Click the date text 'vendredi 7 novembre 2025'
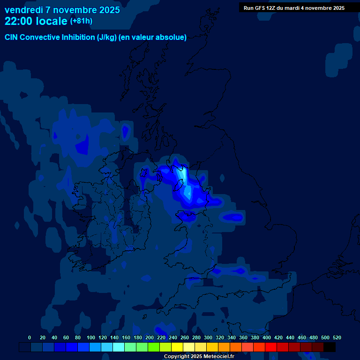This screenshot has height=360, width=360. pos(62,10)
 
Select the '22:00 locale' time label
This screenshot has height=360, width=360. pos(36,21)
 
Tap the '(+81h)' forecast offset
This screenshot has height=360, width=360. pos(81,21)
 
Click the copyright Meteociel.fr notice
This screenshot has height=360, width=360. pos(199,357)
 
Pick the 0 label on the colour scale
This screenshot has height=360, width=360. pos(30,337)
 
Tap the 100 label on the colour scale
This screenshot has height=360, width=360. pos(91,337)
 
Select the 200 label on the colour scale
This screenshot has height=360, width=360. pos(150,337)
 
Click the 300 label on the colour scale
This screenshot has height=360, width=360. pos(208,337)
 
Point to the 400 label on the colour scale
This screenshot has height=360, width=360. pos(267,337)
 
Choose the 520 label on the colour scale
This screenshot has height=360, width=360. pos(337,337)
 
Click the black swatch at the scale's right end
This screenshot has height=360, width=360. pos(330,347)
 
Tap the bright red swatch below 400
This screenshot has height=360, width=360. pos(271,347)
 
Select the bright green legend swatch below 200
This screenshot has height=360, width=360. pos(154,347)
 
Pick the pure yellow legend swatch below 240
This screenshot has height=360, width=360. pos(177,347)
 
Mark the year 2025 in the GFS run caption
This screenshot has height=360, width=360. pos(337,8)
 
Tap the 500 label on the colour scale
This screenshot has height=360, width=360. pos(325,337)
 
